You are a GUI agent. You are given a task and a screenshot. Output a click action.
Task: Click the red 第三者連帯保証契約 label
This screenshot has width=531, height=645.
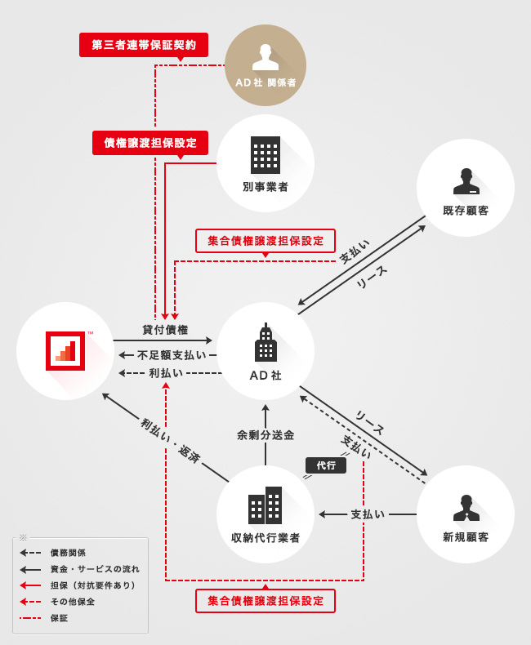pos(144,45)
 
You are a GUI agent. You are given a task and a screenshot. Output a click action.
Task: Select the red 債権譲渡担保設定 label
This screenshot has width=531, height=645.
pos(150,142)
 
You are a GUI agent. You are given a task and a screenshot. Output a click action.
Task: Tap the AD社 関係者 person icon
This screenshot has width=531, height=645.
pos(265,57)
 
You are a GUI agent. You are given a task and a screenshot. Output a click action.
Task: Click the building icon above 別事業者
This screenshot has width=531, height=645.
pos(265,155)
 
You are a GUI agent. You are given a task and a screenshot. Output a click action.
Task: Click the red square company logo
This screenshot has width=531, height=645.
pos(65,351)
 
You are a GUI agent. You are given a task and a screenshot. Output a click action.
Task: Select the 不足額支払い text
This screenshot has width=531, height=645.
pos(172,355)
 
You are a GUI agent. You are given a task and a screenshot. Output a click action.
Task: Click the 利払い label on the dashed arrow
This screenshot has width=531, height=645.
pos(166,372)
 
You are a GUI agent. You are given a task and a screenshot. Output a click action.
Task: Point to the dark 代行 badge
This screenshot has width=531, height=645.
pos(326,465)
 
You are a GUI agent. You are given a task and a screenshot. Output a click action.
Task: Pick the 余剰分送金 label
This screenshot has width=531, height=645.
pos(265,435)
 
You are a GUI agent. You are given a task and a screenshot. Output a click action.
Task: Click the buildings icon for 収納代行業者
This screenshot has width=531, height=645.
pos(265,505)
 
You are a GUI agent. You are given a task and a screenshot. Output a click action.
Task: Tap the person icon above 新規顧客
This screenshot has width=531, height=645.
pos(466,507)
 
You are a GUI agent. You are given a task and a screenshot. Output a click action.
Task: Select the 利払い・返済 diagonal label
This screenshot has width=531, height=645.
pos(171,440)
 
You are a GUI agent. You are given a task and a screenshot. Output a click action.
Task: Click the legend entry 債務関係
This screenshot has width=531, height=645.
pos(68,553)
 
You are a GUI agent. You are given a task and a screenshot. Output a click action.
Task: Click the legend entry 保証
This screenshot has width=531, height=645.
pos(59,618)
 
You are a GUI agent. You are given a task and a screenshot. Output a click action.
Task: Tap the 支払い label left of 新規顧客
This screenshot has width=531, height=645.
pos(368,514)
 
